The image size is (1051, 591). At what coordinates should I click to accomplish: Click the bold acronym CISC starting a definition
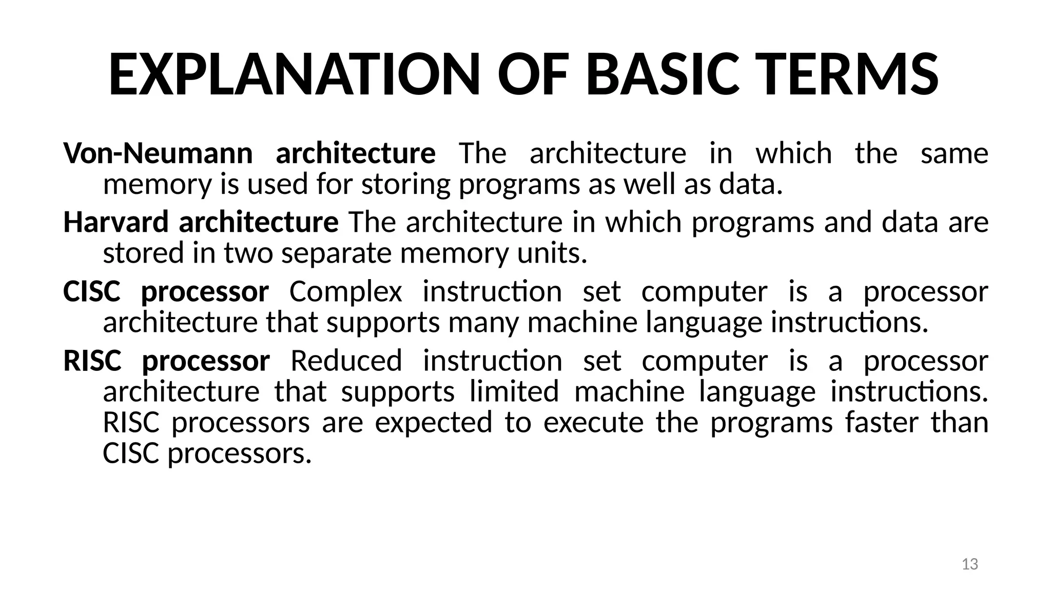pos(91,291)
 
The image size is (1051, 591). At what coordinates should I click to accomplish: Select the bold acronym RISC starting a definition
pos(92,361)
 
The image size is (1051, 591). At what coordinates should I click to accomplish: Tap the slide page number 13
pos(969,564)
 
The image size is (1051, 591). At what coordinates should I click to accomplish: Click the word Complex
pos(345,292)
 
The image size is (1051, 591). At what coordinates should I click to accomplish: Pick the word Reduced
pos(346,361)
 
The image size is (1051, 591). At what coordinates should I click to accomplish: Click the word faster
pos(882,422)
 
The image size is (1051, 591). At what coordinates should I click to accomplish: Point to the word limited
pos(514,391)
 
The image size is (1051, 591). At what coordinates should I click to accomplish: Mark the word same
pos(954,153)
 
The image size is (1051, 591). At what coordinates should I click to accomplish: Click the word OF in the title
pos(532,75)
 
